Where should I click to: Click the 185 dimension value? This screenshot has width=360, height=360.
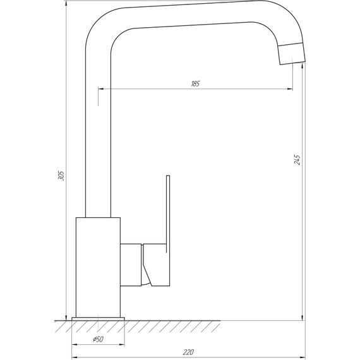[195, 85]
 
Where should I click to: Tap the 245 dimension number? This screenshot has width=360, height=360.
[297, 160]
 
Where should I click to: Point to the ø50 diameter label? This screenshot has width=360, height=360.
[99, 340]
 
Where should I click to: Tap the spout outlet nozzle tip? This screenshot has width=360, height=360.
[291, 54]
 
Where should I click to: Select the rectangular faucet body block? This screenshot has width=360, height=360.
[97, 265]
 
